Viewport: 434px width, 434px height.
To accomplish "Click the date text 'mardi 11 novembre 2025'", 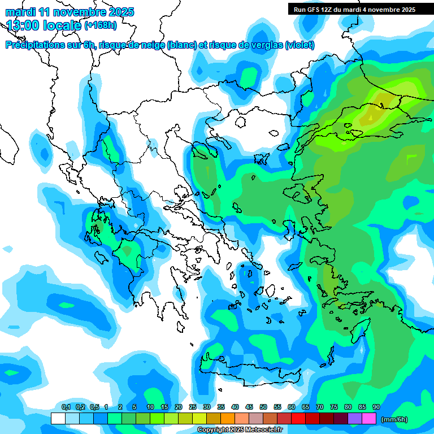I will tap(69, 12).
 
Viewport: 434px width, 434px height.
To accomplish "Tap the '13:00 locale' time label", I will tap(44, 25).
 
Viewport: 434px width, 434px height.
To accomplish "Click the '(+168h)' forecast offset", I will tap(101, 25).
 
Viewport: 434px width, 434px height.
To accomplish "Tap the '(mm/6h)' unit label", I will tap(394, 419).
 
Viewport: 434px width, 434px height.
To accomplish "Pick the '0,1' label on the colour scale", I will tap(66, 407).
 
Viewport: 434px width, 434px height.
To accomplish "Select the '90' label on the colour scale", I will tap(376, 407).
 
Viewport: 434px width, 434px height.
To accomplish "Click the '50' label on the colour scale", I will tap(263, 407).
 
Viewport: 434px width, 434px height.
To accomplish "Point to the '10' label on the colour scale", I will tap(150, 407).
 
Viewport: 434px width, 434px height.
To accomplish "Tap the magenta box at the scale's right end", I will tap(369, 419).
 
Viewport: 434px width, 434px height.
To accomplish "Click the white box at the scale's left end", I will tap(58, 419).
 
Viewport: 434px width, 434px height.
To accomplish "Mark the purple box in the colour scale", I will tap(355, 419).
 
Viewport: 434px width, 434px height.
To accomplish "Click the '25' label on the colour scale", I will tap(193, 407).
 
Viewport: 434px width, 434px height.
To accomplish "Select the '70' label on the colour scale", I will tap(320, 407).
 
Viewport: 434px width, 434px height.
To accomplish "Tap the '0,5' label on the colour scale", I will tap(94, 407).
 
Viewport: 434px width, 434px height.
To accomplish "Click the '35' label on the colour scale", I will tap(221, 407).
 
